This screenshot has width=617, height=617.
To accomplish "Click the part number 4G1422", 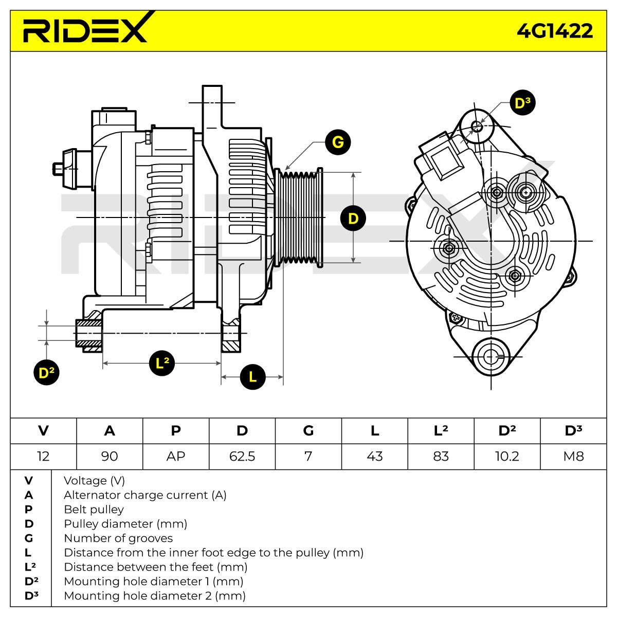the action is [555, 31].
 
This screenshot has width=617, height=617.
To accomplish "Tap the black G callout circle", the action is [337, 142].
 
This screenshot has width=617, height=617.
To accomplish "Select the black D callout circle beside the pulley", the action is [353, 219].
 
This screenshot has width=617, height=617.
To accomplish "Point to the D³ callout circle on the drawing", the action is [522, 103].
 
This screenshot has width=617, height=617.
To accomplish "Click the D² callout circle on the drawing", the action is [46, 372].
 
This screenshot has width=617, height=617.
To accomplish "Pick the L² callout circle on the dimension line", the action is [162, 363].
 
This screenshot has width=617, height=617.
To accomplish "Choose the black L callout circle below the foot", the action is [252, 376].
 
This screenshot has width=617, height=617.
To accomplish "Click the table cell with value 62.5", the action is [242, 456].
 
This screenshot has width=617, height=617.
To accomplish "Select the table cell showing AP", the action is [176, 456].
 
